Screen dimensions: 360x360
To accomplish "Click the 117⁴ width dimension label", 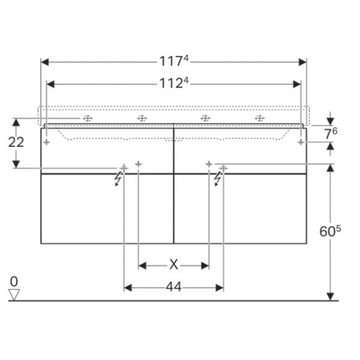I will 174,61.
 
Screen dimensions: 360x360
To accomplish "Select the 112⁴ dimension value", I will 174,83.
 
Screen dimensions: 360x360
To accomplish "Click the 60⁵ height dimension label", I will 331,230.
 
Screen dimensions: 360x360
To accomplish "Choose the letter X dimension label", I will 173,265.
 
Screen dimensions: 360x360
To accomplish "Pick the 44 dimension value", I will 173,287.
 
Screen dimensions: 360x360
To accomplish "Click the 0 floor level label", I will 14,281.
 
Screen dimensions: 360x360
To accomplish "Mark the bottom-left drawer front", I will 107,208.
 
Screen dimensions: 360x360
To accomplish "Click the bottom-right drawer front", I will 240,208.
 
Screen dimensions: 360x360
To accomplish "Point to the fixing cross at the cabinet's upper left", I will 47,142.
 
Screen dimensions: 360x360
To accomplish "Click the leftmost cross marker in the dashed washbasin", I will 87,119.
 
